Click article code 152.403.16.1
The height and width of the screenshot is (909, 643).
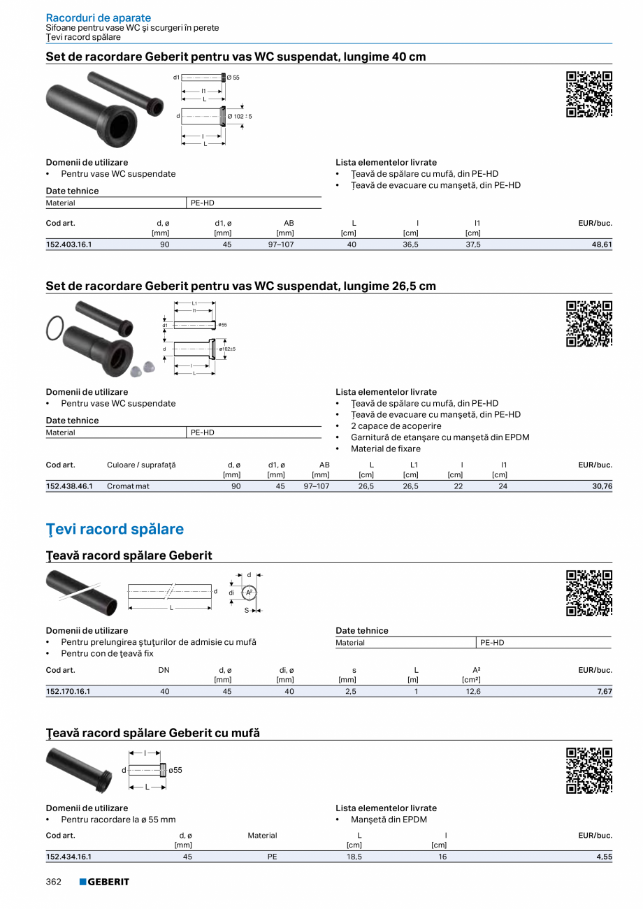point(69,245)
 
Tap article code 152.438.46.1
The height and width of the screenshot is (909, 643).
point(69,486)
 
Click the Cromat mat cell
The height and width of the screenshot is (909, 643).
point(128,486)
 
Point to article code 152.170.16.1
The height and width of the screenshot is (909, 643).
point(68,692)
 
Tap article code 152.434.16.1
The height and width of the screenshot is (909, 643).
point(68,856)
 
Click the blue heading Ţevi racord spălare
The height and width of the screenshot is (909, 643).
point(115,529)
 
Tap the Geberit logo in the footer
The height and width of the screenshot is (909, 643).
point(104,882)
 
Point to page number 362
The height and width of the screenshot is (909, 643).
point(54,882)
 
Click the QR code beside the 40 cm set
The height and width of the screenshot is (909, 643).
point(589,94)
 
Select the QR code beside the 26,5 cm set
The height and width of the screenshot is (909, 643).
point(589,323)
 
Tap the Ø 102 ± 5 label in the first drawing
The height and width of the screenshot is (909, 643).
point(239,116)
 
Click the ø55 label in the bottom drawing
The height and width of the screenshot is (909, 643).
point(175,770)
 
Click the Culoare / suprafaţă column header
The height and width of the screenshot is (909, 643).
point(141,465)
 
